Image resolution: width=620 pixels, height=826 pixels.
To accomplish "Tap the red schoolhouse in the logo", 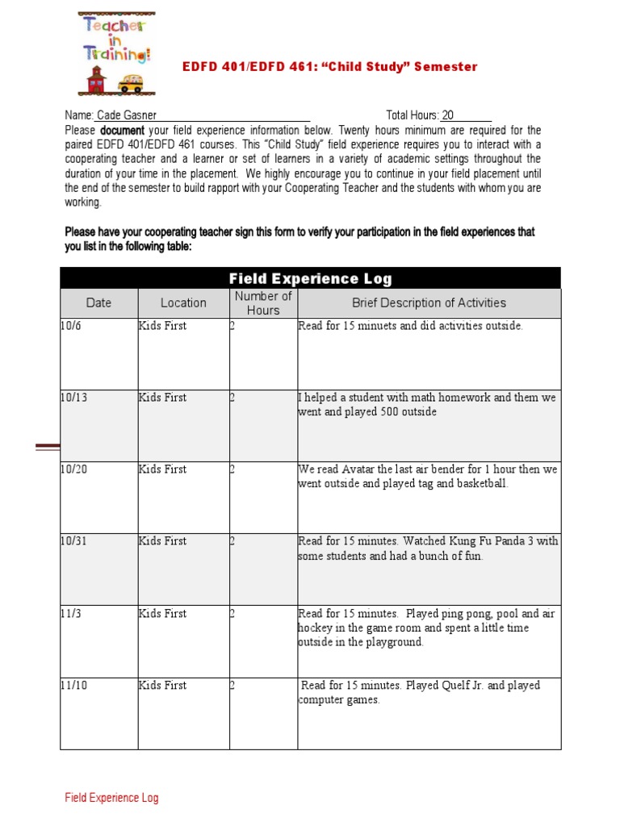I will (96, 81).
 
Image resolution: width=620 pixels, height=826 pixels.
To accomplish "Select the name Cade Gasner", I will (128, 115).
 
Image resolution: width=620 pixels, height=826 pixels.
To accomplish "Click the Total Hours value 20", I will (448, 115).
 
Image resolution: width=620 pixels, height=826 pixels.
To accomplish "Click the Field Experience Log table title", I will (310, 279).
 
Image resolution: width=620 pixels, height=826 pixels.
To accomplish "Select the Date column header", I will (98, 303).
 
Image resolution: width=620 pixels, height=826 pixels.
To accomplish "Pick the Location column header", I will (183, 303).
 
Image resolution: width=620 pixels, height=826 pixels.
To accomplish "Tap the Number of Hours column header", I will (263, 303).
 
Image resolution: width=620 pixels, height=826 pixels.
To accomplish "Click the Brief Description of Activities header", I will (429, 303).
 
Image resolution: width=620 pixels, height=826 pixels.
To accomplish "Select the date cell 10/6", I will (70, 326).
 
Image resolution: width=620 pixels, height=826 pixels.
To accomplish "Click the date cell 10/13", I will (73, 398).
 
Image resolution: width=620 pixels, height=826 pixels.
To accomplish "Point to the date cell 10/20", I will (73, 469).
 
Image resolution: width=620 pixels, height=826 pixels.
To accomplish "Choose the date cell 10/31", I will (73, 541).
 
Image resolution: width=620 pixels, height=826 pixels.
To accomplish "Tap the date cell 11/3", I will (70, 613).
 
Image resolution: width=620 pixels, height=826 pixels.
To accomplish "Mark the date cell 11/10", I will (73, 685).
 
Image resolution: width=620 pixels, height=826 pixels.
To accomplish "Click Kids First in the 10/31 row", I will (162, 541).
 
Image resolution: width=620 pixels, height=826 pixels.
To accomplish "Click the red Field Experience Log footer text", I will (111, 798).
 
